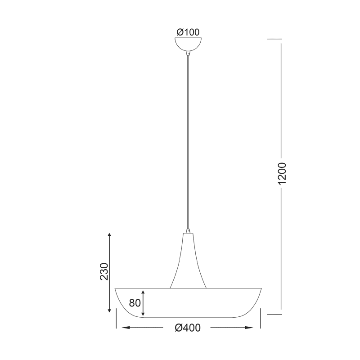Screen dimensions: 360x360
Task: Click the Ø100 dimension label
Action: [x=188, y=32]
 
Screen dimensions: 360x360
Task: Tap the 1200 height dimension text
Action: [x=282, y=173]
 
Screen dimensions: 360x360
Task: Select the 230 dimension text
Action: [x=104, y=271]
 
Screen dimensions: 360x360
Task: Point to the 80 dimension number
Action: [x=135, y=303]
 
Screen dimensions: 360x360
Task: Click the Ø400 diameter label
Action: [x=188, y=328]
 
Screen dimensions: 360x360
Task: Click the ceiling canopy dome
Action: [x=188, y=44]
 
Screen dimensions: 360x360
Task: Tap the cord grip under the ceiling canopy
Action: [x=188, y=53]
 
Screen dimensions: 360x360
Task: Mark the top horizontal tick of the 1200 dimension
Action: [x=274, y=39]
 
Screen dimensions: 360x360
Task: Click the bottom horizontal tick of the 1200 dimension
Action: [x=274, y=314]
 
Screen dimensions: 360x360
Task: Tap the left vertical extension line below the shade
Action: [x=116, y=319]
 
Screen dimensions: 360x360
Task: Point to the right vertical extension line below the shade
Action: [x=261, y=319]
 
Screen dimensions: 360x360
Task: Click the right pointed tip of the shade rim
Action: [x=261, y=288]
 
